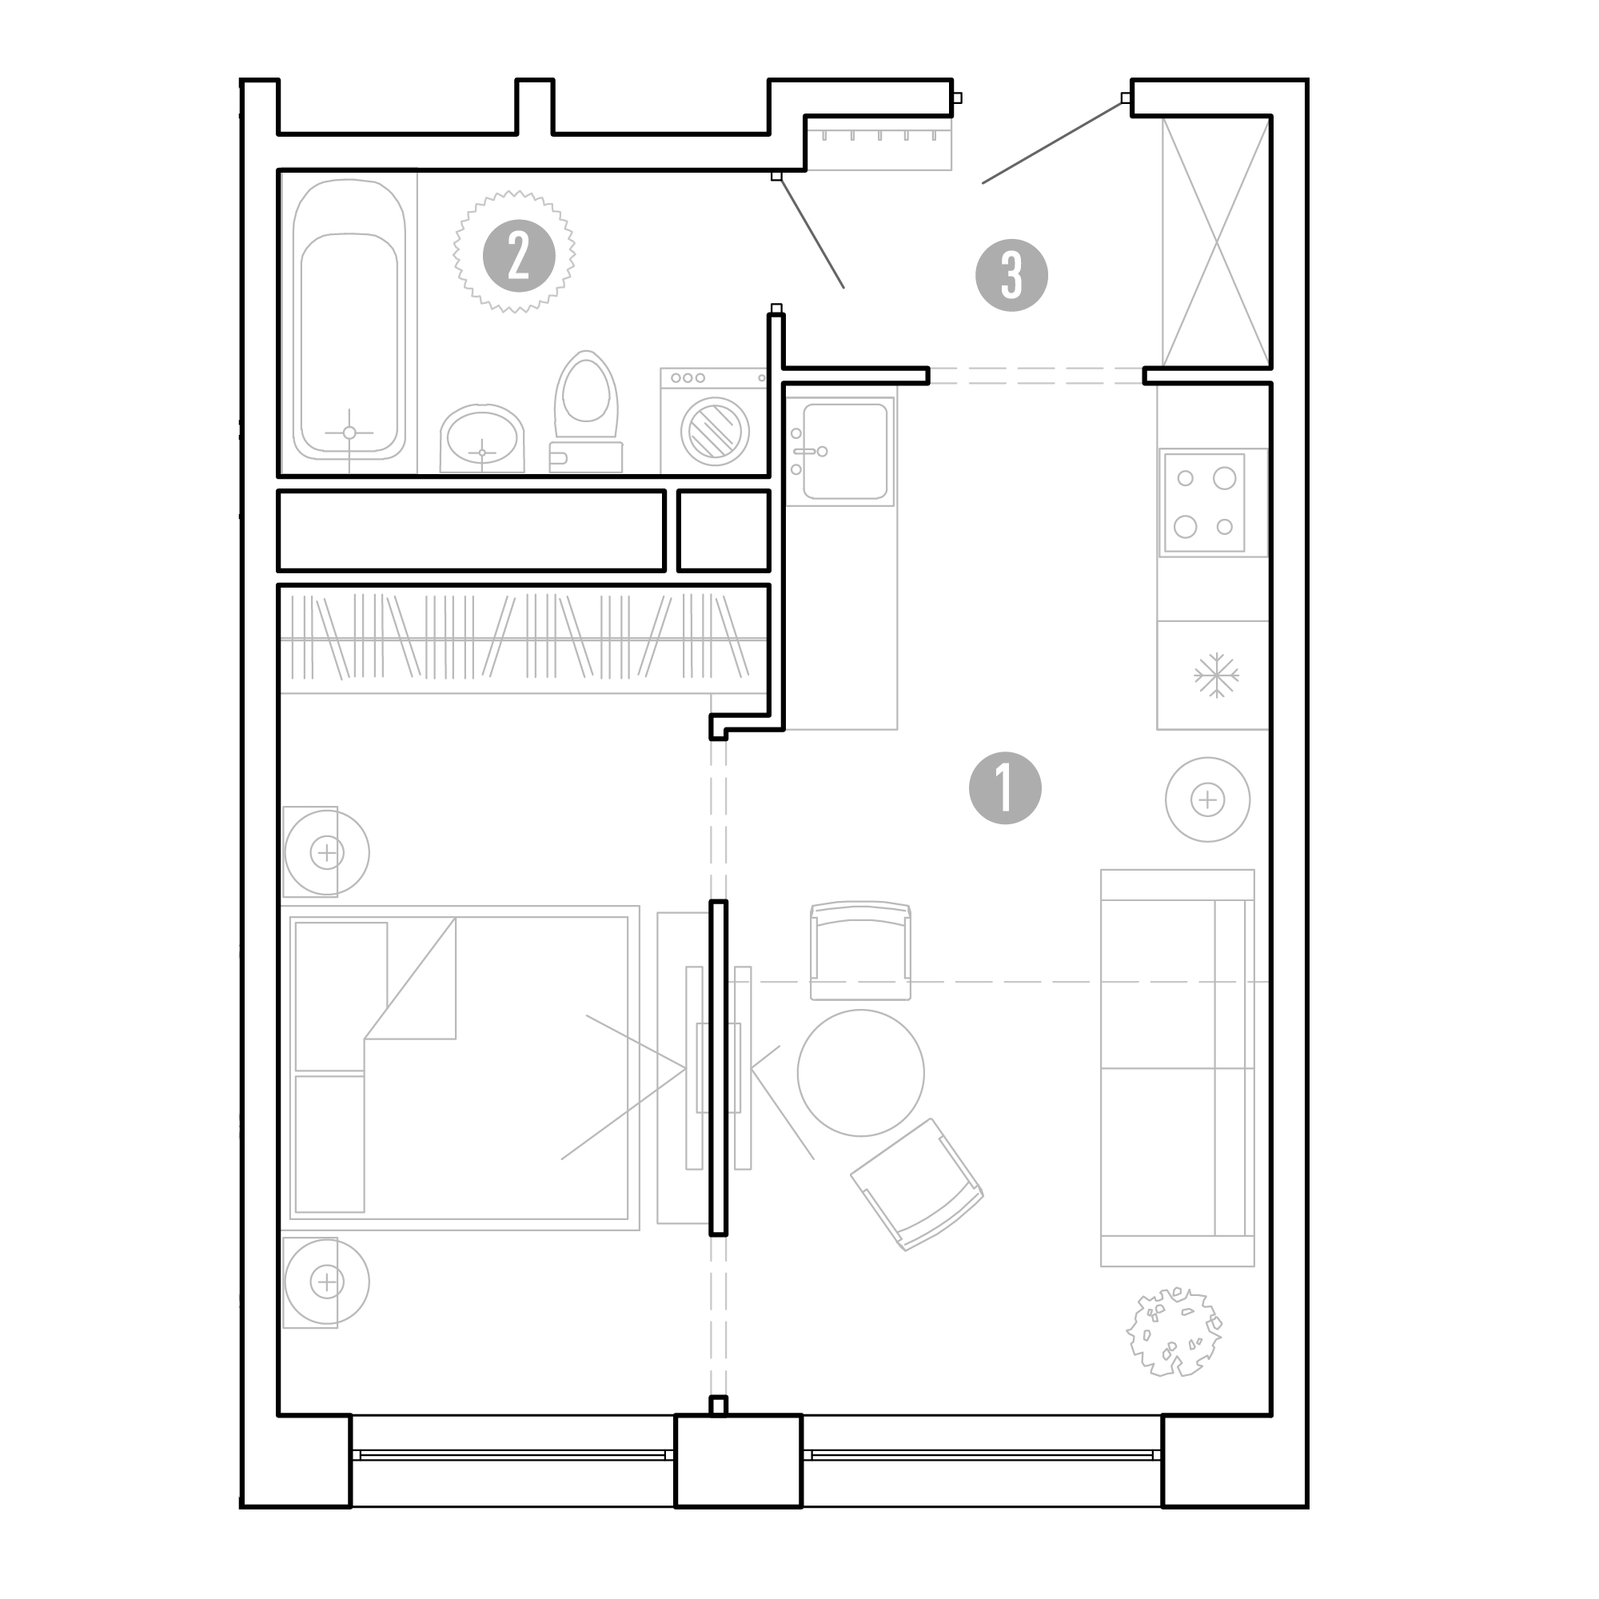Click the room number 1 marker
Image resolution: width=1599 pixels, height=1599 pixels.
(1005, 788)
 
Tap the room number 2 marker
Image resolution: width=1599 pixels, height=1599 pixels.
(519, 256)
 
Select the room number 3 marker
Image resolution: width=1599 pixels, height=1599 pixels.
(1011, 276)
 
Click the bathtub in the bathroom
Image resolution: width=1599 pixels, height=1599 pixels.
(349, 320)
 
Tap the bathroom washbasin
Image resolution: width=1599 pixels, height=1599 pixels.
(481, 439)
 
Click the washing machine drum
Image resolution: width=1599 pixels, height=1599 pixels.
(715, 431)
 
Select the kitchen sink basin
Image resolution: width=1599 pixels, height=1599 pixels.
(844, 451)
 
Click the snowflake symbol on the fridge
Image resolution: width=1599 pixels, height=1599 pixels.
(1216, 676)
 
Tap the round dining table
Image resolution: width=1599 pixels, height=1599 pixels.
(861, 1073)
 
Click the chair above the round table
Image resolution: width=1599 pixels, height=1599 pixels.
(861, 951)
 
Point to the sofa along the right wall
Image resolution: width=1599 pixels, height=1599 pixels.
(1177, 1067)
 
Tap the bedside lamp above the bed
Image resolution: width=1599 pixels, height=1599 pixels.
(327, 851)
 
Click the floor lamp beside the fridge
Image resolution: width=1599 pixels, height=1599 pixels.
(1207, 799)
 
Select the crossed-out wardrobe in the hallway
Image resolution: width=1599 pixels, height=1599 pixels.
(1216, 241)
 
